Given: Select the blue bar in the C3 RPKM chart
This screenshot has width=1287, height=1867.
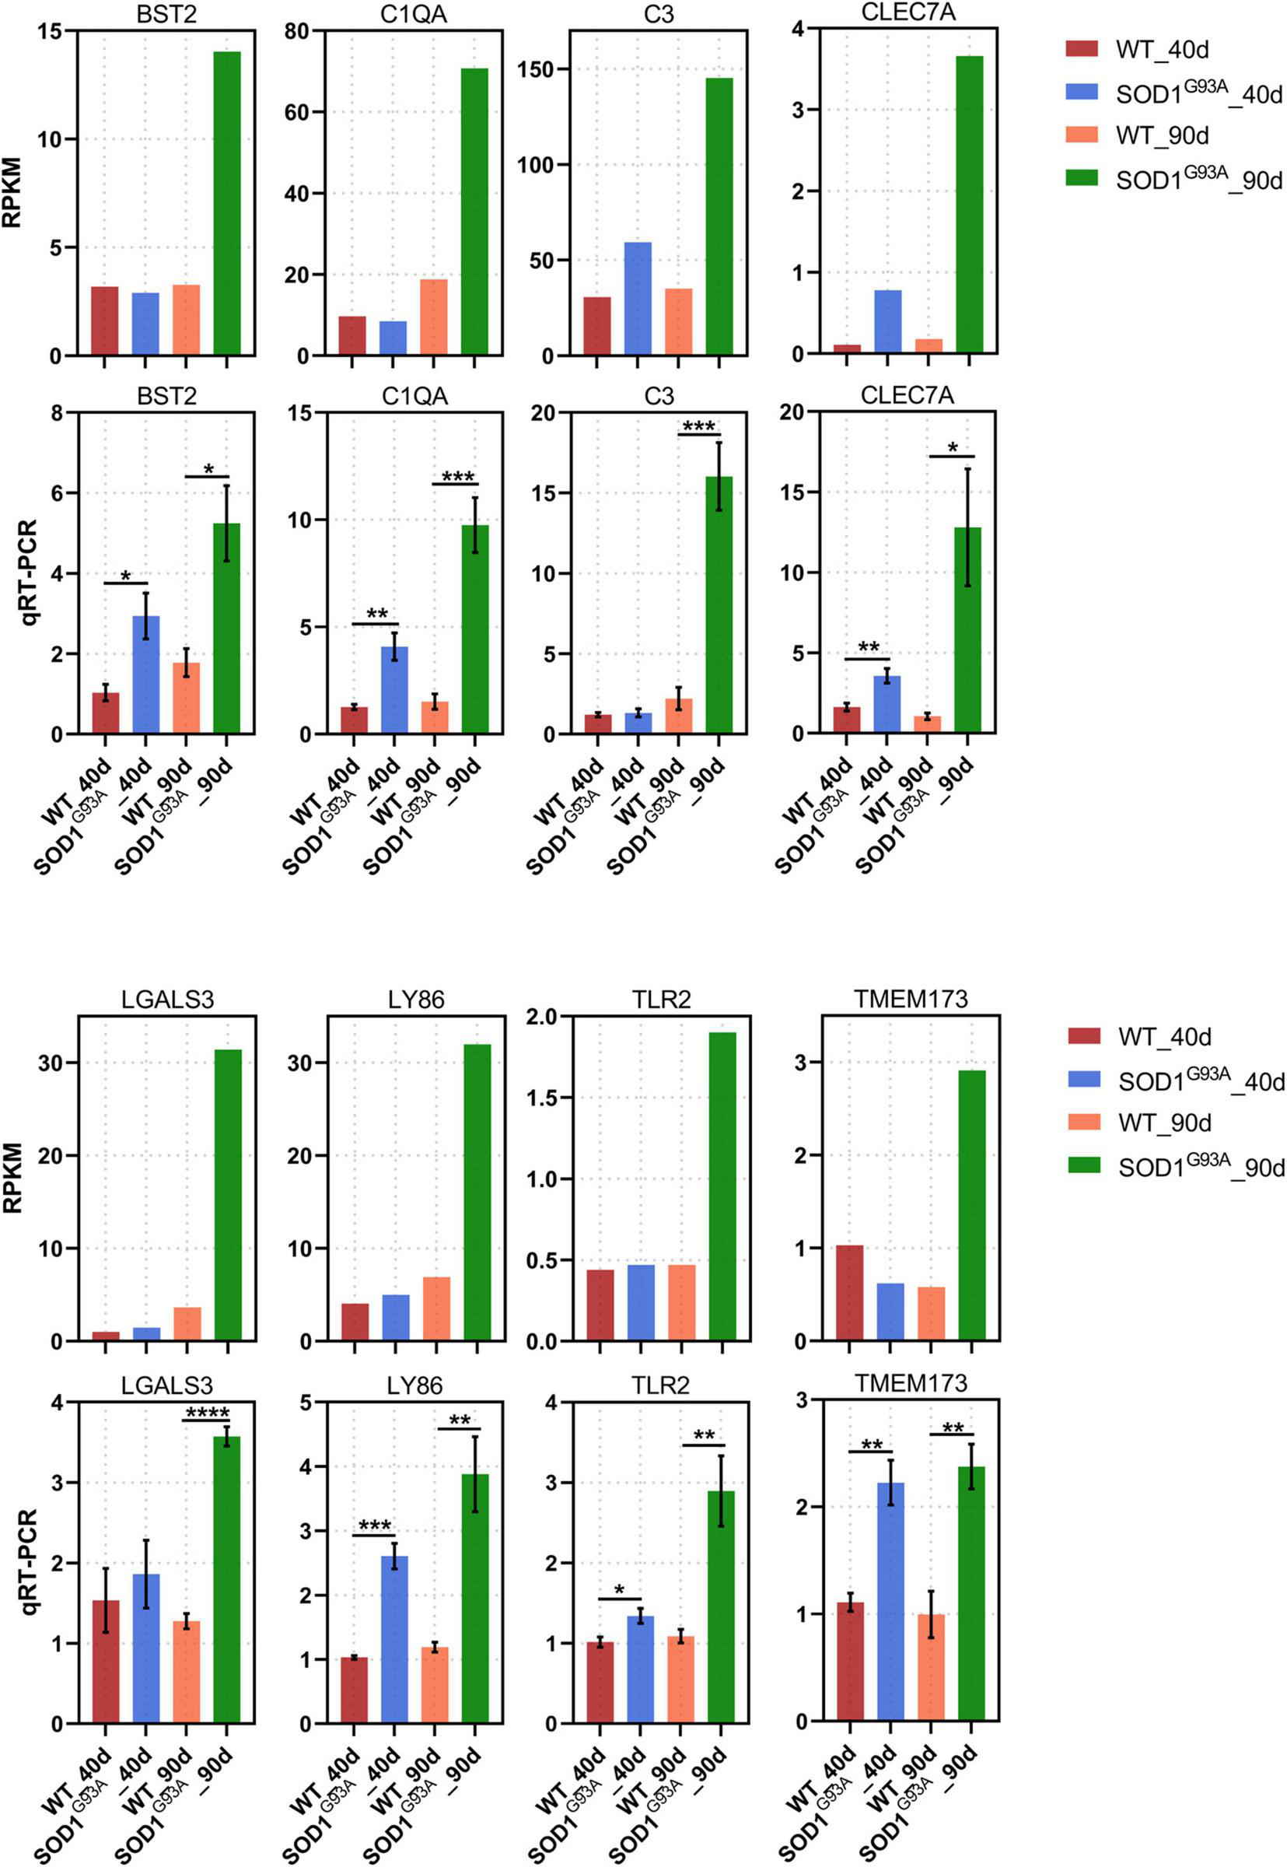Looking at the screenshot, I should point(638,299).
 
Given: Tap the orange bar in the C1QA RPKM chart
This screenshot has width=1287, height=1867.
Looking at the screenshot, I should point(434,317).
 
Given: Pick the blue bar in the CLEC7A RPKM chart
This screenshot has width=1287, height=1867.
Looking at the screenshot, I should point(888,321).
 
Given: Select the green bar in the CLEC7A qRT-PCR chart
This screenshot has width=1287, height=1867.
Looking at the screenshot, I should point(967,630).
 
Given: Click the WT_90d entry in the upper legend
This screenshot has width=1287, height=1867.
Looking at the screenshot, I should point(1162,135).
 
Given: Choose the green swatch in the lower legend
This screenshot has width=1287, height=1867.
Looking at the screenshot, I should point(1084,1165).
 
